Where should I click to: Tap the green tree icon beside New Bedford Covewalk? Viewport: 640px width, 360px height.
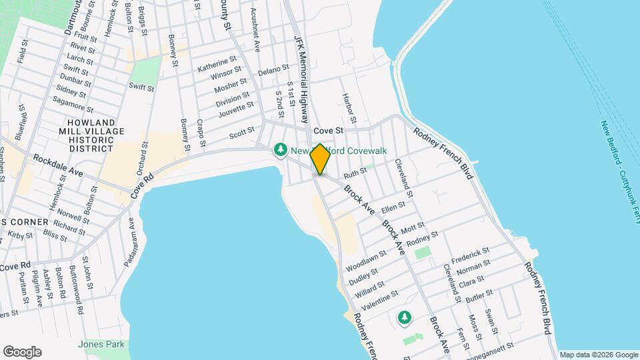281,151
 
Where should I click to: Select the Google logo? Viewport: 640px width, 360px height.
22,352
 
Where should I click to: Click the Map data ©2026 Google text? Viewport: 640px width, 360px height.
598,355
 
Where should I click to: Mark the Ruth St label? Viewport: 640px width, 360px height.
355,173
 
